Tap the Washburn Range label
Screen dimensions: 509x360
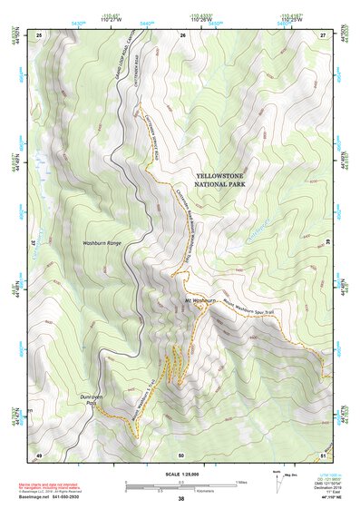[x=102, y=244]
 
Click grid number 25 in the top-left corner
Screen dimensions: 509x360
[x=39, y=34]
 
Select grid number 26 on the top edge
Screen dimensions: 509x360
[x=182, y=34]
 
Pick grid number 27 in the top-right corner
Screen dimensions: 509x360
[x=322, y=34]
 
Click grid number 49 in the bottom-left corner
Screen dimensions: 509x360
[x=39, y=454]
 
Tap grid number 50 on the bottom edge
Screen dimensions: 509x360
[x=181, y=454]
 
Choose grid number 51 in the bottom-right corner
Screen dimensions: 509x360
[x=322, y=454]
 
